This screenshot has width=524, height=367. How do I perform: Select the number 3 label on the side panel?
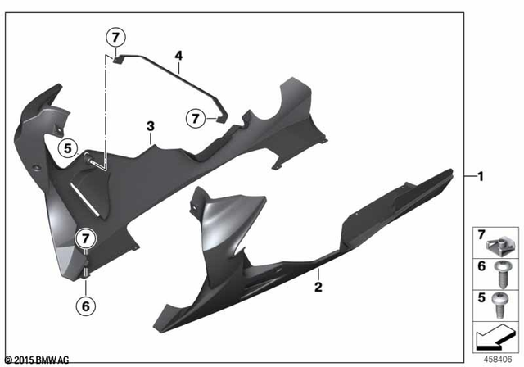pos(150,126)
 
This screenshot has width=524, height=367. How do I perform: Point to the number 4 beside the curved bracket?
pos(178,57)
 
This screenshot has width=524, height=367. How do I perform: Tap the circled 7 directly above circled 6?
pos(87,238)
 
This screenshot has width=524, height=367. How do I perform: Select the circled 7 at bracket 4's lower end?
pos(196,119)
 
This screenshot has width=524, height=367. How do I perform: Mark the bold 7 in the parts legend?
pos(482,236)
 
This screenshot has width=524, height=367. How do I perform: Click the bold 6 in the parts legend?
pos(482,266)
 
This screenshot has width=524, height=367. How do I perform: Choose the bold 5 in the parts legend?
pos(482,297)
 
